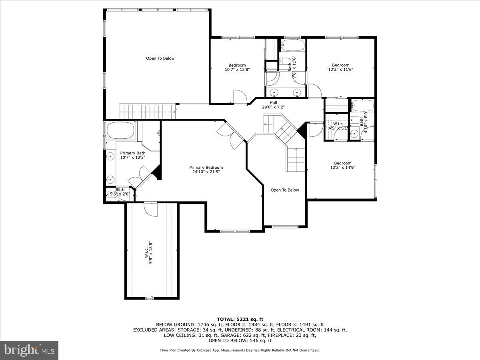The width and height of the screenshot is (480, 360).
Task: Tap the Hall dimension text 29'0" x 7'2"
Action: tap(273, 107)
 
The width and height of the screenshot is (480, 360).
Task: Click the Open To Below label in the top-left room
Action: tap(160, 58)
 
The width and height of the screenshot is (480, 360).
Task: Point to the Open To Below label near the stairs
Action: tap(284, 190)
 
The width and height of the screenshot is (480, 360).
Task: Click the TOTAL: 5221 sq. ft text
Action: tap(240, 319)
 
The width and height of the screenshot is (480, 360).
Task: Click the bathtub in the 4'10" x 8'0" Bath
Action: tap(362, 106)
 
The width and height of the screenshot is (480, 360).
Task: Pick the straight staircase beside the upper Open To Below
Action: tap(148, 110)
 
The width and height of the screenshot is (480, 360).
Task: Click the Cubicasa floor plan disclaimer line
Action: tap(240, 350)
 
